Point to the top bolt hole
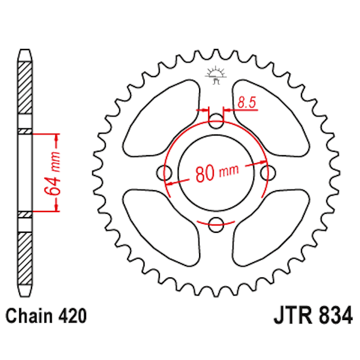(216, 120)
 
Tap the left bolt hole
(165, 172)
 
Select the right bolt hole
(268, 172)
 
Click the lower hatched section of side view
(26, 256)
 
